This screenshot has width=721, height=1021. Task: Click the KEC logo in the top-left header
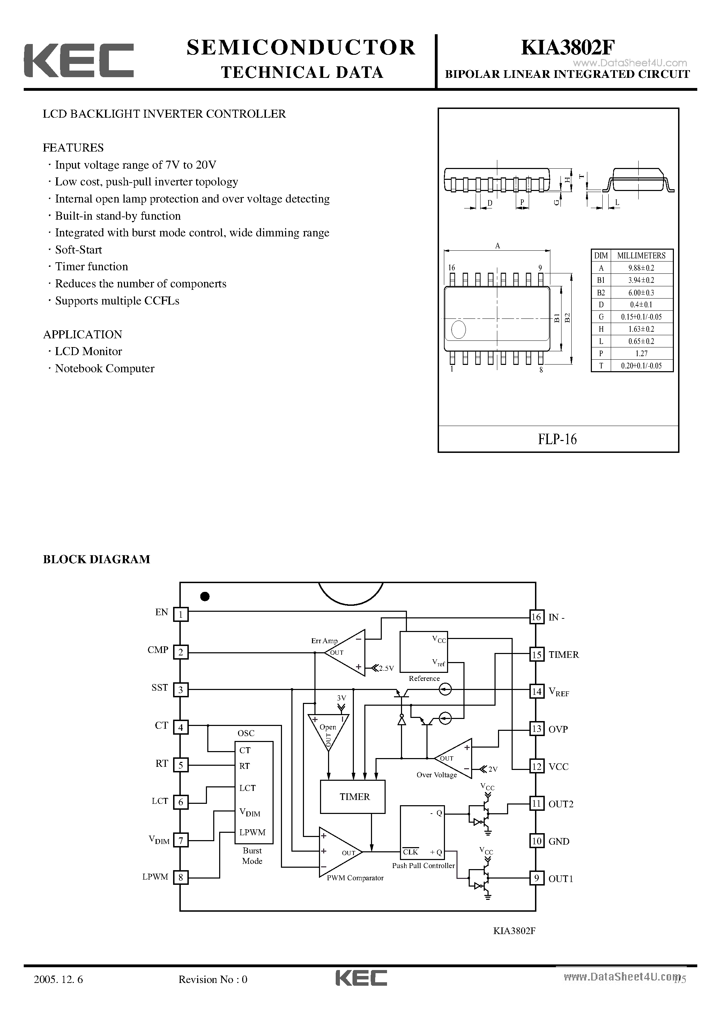click(x=79, y=61)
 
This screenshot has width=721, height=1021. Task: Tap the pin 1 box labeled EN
click(x=180, y=615)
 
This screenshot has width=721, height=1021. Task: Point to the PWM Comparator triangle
click(x=338, y=852)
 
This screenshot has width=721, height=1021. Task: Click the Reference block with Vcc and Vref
click(x=423, y=652)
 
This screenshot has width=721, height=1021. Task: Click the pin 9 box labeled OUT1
click(x=536, y=878)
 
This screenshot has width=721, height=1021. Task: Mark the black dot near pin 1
click(x=205, y=597)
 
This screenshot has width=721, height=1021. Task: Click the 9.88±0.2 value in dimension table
click(x=641, y=268)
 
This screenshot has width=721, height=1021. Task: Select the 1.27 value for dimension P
click(x=641, y=353)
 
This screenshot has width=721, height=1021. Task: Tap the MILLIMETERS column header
click(x=641, y=256)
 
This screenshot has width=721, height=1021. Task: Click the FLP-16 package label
click(x=557, y=439)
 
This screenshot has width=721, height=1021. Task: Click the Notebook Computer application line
click(x=104, y=369)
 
